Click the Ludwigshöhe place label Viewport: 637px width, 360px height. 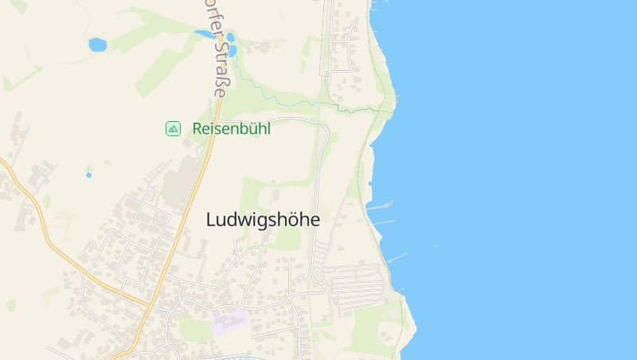coord(263,220)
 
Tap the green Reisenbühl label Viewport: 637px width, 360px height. coord(231,128)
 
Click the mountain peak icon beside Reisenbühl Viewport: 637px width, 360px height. coord(173,128)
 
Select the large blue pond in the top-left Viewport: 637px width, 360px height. coord(97,45)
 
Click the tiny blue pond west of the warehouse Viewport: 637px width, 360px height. coord(88,174)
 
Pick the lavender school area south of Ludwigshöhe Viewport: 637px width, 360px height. coord(229,323)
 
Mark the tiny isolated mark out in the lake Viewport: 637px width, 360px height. coord(435,246)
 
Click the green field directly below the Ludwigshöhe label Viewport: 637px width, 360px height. coord(283,239)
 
